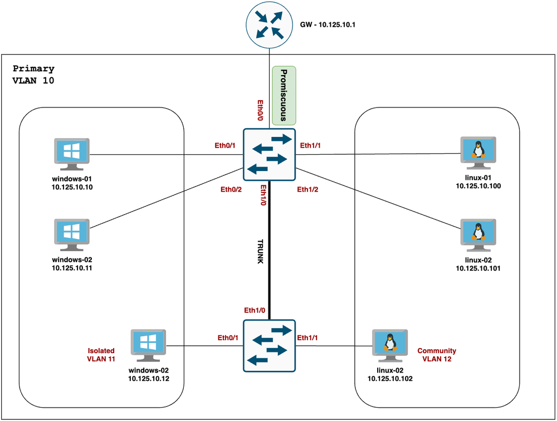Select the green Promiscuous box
pyautogui.click(x=284, y=95)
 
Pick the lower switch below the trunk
pyautogui.click(x=270, y=345)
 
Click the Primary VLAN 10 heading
pyautogui.click(x=33, y=75)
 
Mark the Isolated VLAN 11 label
pyautogui.click(x=101, y=355)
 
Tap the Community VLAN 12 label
pyautogui.click(x=437, y=355)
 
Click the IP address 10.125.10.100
pyautogui.click(x=478, y=185)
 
